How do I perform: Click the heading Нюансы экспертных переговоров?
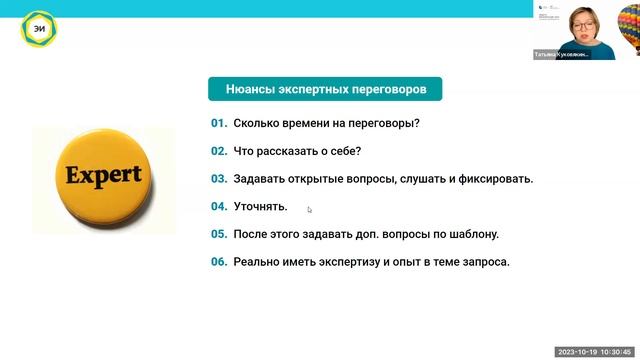click(326, 89)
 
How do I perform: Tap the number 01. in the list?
click(219, 124)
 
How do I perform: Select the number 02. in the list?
click(219, 152)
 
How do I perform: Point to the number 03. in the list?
click(219, 179)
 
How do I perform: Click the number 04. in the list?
click(219, 207)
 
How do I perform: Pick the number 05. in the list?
click(219, 235)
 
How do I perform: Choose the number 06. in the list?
click(219, 262)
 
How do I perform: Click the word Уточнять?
click(260, 207)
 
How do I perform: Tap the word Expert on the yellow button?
click(103, 176)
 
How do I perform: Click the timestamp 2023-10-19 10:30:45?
click(594, 353)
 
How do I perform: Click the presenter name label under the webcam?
click(562, 55)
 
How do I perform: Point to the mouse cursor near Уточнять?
click(310, 209)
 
